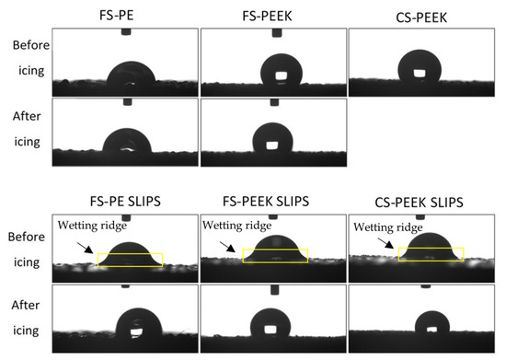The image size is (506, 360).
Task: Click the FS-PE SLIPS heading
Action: tap(124, 203)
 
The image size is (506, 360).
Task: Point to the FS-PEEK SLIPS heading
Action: tap(272, 203)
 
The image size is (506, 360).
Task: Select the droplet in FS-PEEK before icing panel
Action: tap(273, 73)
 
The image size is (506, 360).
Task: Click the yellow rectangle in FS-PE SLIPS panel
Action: tap(130, 260)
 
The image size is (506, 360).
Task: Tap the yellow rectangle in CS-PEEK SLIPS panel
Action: tap(431, 252)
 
